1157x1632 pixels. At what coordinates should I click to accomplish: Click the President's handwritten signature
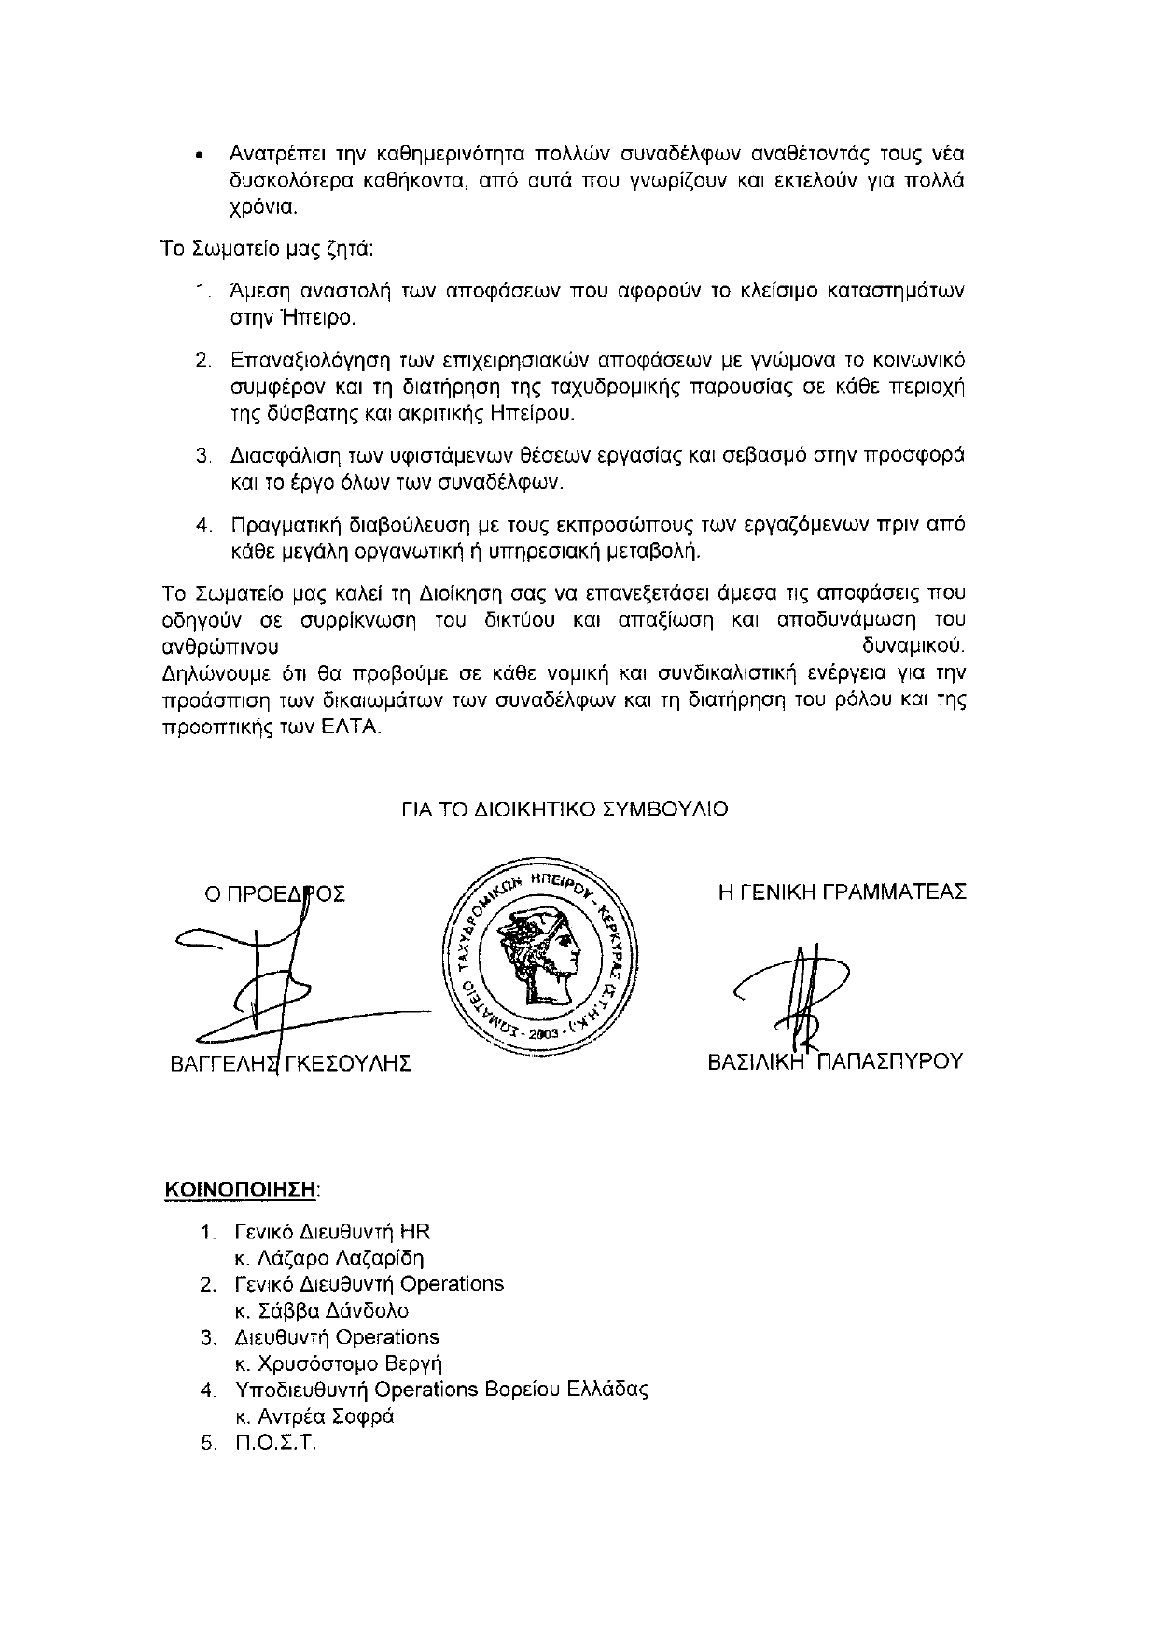pyautogui.click(x=280, y=989)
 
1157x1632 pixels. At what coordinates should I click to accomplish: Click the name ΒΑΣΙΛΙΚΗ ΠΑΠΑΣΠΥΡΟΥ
pyautogui.click(x=835, y=1062)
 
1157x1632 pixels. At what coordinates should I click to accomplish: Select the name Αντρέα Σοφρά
pyautogui.click(x=315, y=1417)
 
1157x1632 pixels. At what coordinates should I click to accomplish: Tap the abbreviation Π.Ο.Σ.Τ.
pyautogui.click(x=277, y=1444)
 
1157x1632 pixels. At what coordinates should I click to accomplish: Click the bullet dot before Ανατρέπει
pyautogui.click(x=199, y=155)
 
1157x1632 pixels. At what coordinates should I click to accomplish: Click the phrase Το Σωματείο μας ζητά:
pyautogui.click(x=268, y=249)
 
